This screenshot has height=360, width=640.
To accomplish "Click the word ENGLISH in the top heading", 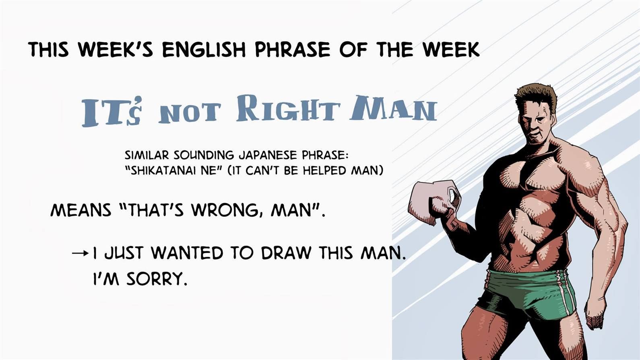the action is pos(204,50).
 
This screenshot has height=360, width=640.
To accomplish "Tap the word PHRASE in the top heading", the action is pos(292,50).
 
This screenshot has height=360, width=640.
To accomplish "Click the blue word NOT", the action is pos(190,112).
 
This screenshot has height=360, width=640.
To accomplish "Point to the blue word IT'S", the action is pos(111,111).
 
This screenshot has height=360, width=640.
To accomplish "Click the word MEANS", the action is pos(81,211).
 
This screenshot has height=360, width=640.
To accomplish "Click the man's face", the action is pos(537,126).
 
